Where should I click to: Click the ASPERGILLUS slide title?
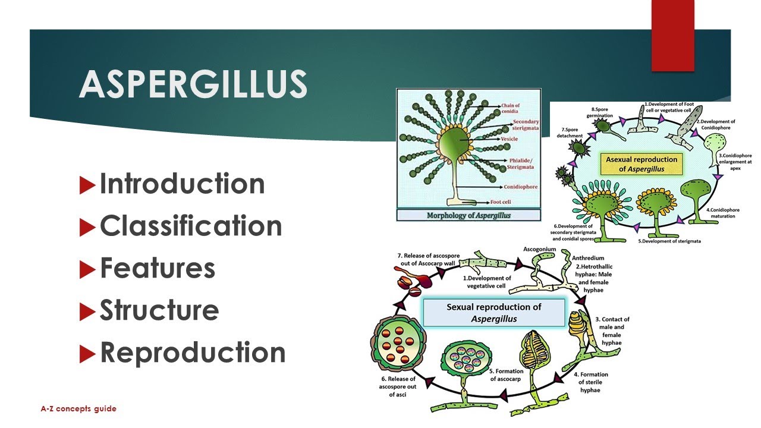pyautogui.click(x=193, y=84)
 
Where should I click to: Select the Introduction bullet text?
pyautogui.click(x=182, y=184)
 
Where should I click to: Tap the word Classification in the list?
pyautogui.click(x=191, y=226)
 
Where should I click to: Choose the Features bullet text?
pyautogui.click(x=158, y=268)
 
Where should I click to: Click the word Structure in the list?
pyautogui.click(x=159, y=310)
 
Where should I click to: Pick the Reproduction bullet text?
pyautogui.click(x=193, y=353)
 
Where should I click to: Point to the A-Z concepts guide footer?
pyautogui.click(x=78, y=409)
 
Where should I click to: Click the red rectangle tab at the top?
pyautogui.click(x=673, y=36)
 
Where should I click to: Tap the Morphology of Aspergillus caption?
pyautogui.click(x=468, y=215)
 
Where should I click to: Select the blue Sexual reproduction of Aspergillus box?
pyautogui.click(x=493, y=313)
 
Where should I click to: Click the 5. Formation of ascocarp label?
pyautogui.click(x=507, y=375)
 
